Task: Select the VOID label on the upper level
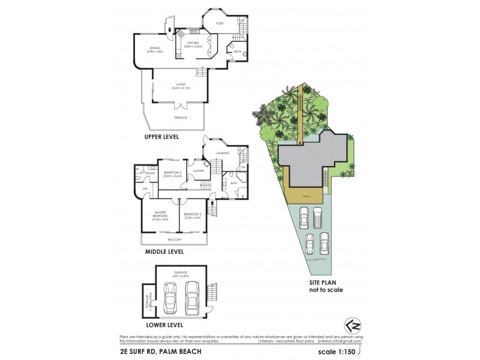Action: tap(220, 23)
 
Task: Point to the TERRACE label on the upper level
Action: tap(180, 118)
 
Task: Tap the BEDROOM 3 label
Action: tap(173, 174)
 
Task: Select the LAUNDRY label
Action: tap(199, 171)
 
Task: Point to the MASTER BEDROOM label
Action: tap(160, 216)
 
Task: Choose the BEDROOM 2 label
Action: tap(192, 215)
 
